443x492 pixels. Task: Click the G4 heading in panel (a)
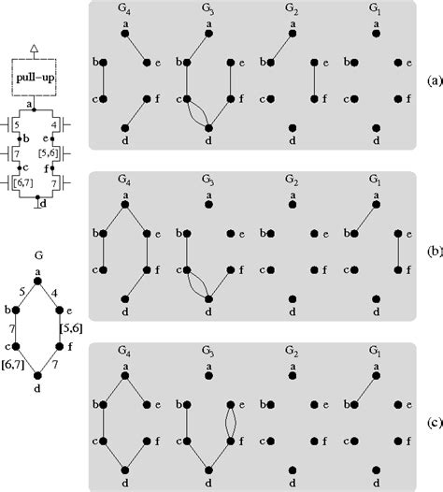coord(125,11)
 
